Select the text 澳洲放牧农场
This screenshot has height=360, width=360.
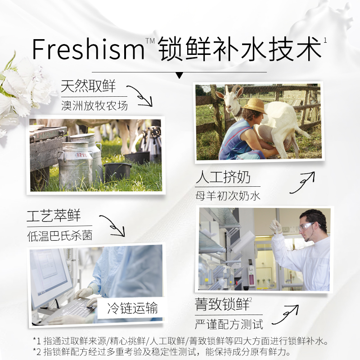click(94, 106)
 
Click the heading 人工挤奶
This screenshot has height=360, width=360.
click(222, 177)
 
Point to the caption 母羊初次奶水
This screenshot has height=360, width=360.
click(228, 196)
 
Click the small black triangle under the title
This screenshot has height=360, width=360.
click(180, 75)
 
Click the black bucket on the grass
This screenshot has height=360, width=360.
click(117, 171)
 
